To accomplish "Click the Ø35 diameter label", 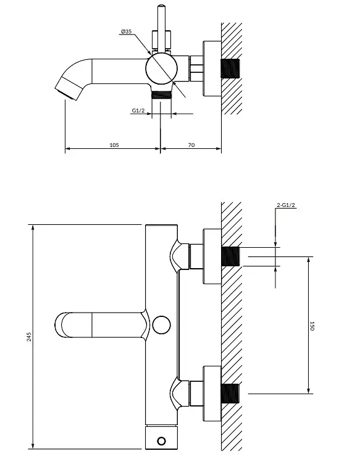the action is (x=127, y=31).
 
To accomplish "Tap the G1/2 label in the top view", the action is (x=138, y=111).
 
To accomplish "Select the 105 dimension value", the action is (x=114, y=145).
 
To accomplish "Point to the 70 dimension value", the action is (x=191, y=145).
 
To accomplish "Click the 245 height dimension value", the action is (x=29, y=337).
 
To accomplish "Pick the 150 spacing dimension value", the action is (x=312, y=326).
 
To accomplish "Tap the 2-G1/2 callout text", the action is (x=286, y=205).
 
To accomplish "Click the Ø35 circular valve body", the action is (x=162, y=69).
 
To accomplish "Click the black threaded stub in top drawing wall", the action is (x=230, y=69).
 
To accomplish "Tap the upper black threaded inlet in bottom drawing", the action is (x=230, y=256).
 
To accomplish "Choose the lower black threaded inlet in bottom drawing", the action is (x=230, y=394).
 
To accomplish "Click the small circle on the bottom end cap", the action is (x=162, y=442).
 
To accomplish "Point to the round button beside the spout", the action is (x=162, y=325).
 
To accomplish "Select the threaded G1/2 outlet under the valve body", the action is (x=162, y=95).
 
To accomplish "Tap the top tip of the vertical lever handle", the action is (x=162, y=6).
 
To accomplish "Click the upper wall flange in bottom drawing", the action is (x=212, y=256).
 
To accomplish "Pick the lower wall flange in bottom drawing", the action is (x=212, y=394).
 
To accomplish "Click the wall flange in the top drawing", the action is (x=212, y=69).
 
